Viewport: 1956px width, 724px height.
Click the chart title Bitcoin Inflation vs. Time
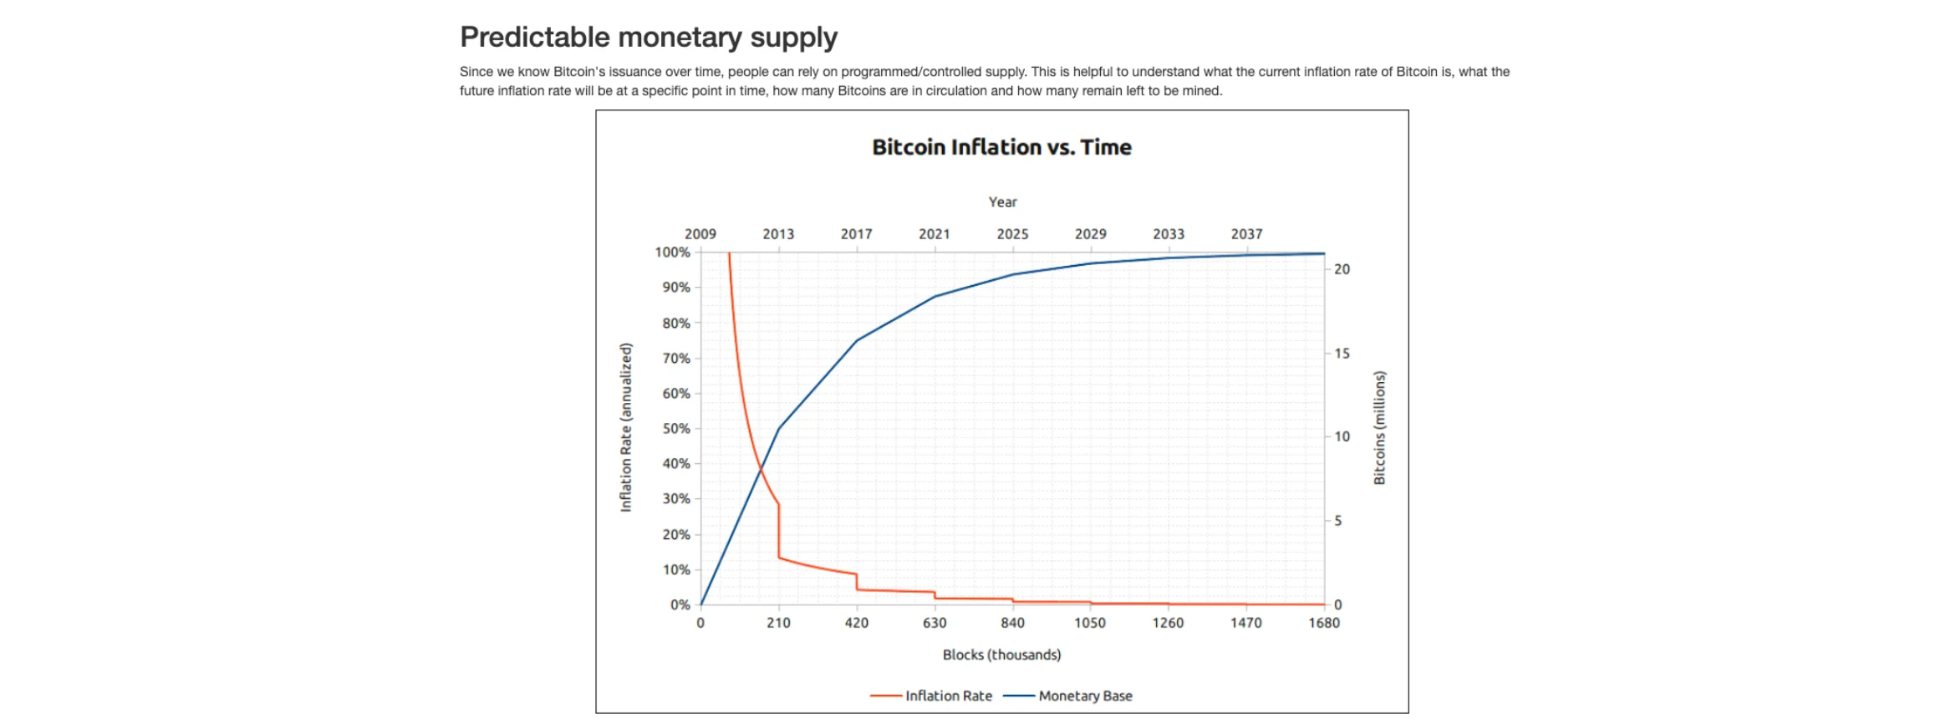(1001, 147)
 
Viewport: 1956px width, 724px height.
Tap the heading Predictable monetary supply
(648, 38)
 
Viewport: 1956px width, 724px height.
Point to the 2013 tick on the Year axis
(778, 234)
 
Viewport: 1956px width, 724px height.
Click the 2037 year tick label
(1246, 234)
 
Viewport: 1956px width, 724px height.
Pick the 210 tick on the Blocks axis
(778, 623)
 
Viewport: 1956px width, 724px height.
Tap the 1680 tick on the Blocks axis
(1324, 623)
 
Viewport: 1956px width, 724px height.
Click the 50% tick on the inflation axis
(676, 429)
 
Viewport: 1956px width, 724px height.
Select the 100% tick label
(672, 252)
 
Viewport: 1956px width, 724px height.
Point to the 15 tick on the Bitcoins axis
(1342, 354)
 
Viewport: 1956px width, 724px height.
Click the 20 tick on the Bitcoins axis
(1342, 269)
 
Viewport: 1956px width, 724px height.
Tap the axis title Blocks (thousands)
(1001, 655)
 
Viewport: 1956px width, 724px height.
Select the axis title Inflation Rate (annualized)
(626, 427)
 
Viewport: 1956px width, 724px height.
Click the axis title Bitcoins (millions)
(1379, 427)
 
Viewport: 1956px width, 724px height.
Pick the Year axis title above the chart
(1002, 202)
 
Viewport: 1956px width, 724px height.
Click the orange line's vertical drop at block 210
(779, 532)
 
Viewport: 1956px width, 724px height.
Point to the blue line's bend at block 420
(857, 340)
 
